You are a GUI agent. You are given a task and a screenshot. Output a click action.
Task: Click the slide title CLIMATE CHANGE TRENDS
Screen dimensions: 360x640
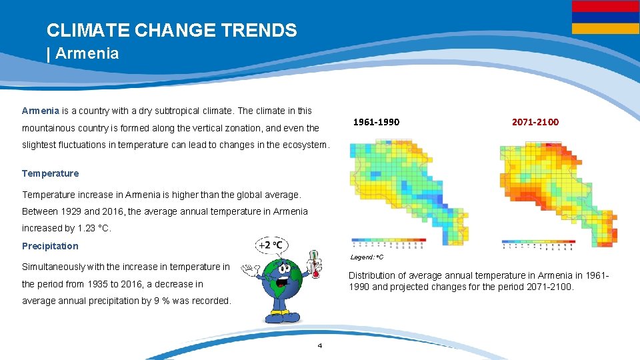[x=171, y=30]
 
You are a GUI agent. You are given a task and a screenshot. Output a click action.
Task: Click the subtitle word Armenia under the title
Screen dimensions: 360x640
[x=87, y=53]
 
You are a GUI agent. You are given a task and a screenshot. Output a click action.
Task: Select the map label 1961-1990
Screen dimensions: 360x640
[x=376, y=122]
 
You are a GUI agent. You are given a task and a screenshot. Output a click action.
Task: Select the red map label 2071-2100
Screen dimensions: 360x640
[x=535, y=122]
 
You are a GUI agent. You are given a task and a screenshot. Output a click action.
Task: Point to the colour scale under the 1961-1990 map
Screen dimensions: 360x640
[x=388, y=241]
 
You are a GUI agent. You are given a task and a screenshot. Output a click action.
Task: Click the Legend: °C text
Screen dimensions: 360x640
[x=367, y=257]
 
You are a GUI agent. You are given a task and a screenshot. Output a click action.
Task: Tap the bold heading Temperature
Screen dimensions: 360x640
[x=50, y=173]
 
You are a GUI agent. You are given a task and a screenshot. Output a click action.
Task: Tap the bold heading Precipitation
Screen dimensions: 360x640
[x=50, y=246]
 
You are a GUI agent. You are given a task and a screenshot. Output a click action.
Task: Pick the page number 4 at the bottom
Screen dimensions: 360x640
[x=320, y=345]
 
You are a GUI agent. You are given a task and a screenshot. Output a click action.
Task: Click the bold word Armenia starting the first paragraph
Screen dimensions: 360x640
[x=41, y=110]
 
